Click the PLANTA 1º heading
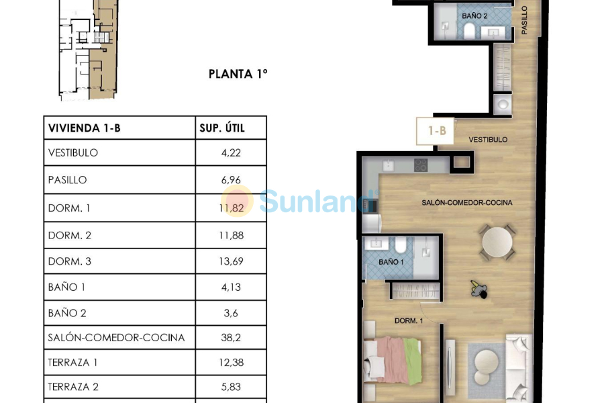[x=238, y=74]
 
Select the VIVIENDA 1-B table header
[x=85, y=128]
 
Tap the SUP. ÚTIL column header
[x=222, y=128]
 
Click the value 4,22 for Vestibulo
[x=231, y=152]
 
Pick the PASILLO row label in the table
[x=67, y=180]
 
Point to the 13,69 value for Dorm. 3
[x=231, y=261]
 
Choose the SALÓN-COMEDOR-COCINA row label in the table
[x=116, y=337]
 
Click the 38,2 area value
[x=231, y=338]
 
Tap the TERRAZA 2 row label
[x=73, y=387]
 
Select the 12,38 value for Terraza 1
[x=231, y=363]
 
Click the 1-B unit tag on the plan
[x=437, y=131]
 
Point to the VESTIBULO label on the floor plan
[x=488, y=140]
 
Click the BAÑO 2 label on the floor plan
[x=474, y=16]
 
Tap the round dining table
[x=497, y=242]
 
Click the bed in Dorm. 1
[x=393, y=360]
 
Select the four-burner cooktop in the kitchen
[x=421, y=165]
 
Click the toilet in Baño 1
[x=401, y=244]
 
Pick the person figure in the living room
[x=479, y=289]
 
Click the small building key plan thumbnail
[x=88, y=50]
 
